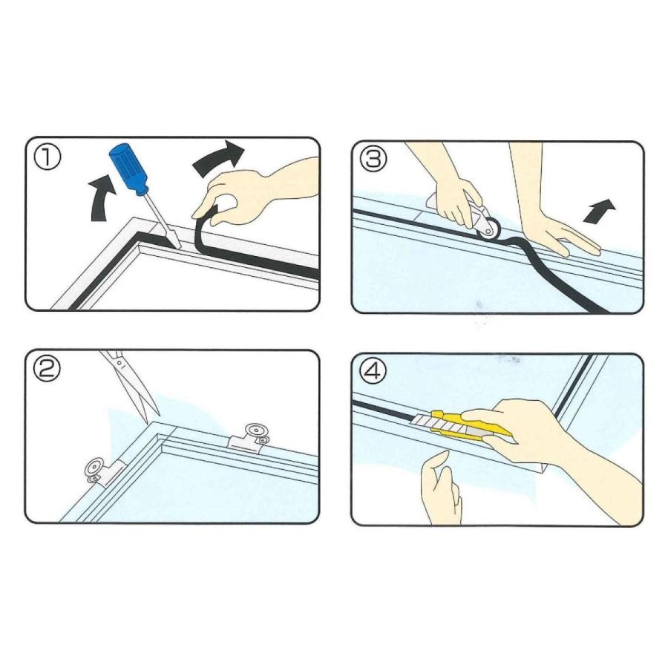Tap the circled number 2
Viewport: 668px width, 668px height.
pos(48,370)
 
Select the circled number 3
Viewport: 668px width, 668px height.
pos(373,159)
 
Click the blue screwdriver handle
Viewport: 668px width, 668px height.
pos(128,168)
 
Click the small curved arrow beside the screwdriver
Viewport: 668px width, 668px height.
pos(102,199)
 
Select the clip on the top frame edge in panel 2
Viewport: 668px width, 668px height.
pos(252,438)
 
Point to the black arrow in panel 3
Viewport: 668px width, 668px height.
pos(599,211)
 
